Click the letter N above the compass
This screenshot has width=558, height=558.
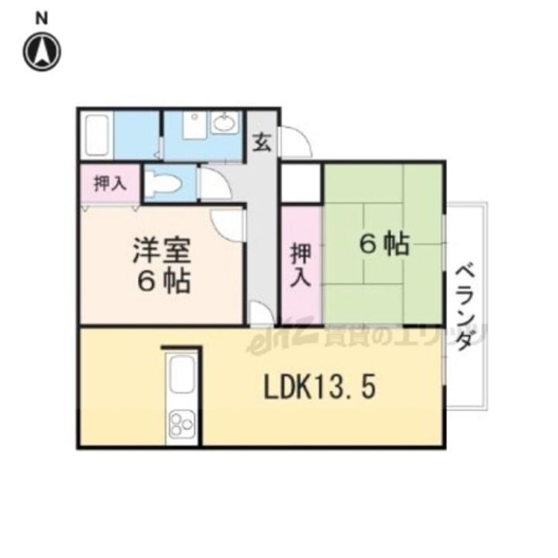coord(43,16)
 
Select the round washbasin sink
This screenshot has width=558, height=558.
coord(225,123)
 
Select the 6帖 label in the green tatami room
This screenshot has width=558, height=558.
coord(384,245)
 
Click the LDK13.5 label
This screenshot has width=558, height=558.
coord(320,387)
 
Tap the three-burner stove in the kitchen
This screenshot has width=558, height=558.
coord(184,424)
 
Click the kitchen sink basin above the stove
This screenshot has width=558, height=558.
coord(184,376)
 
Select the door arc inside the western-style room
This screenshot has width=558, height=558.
coord(229,226)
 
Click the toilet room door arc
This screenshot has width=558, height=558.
coord(211,185)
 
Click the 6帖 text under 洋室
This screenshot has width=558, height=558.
coord(164,283)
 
